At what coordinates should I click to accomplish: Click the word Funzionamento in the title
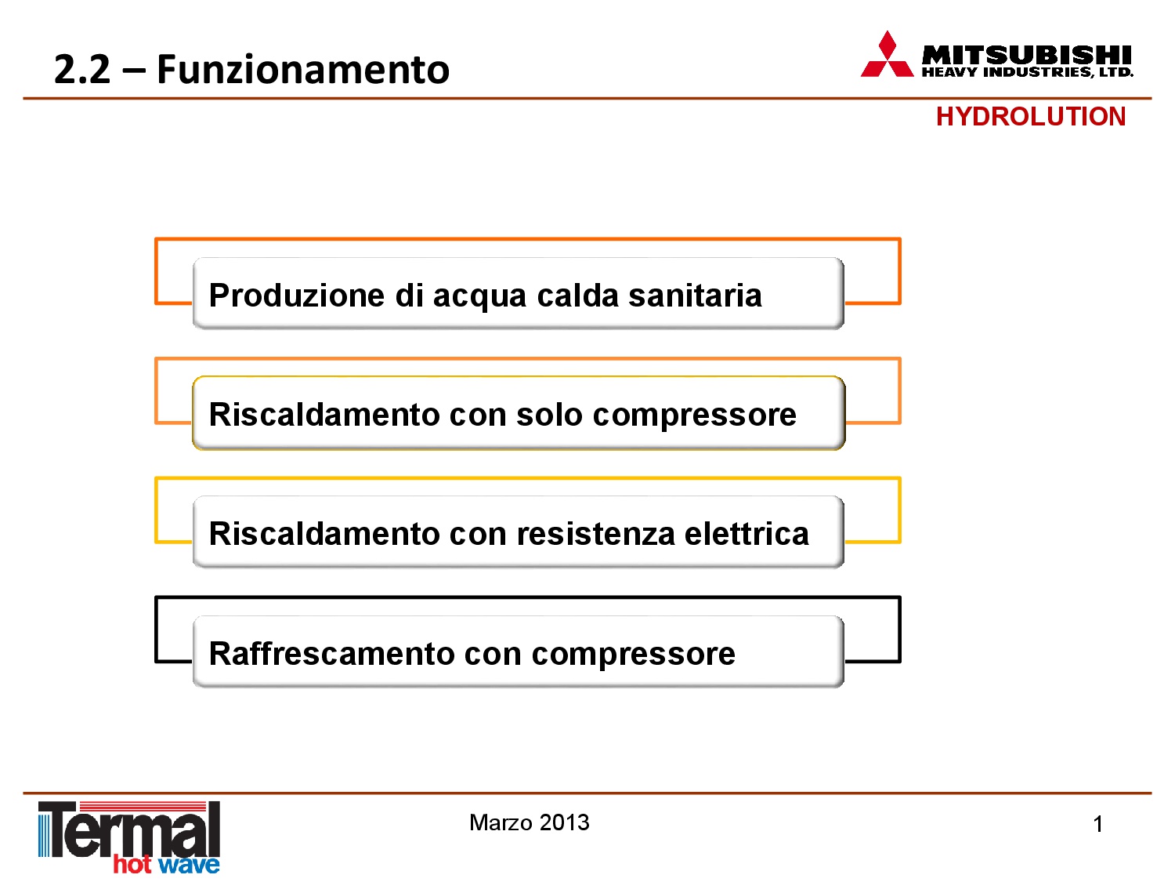point(303,69)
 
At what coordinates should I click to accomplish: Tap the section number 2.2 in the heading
point(82,70)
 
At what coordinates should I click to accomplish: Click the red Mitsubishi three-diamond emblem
point(887,54)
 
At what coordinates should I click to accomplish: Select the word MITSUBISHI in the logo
point(1026,56)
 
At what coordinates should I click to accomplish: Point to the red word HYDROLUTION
point(1030,117)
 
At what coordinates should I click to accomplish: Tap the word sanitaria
point(694,295)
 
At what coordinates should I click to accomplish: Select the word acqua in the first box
point(479,298)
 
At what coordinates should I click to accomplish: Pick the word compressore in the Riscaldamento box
point(694,417)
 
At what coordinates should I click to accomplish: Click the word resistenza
point(596,534)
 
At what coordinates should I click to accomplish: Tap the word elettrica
point(747,534)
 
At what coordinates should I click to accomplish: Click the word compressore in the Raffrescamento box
point(633,656)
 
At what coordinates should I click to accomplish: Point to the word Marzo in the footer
point(501,822)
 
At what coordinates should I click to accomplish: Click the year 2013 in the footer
point(564,822)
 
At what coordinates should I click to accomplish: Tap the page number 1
point(1097,824)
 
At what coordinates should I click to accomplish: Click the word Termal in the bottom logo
point(129,829)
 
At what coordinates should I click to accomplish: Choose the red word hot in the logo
point(132,864)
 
